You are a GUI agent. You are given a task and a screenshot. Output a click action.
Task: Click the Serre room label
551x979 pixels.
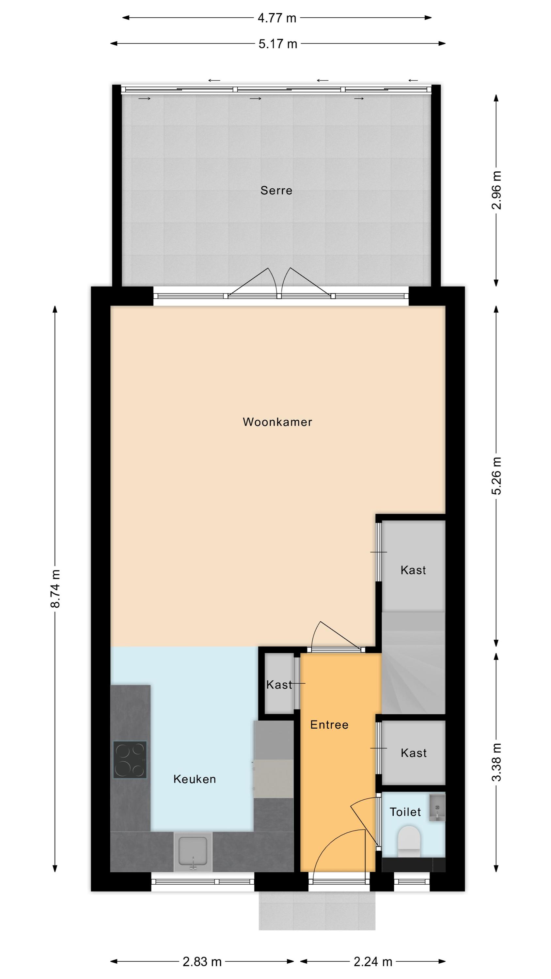(x=276, y=190)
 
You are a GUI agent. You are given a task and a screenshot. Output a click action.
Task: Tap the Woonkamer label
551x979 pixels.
(x=277, y=422)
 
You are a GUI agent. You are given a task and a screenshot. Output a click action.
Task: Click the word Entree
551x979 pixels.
(x=329, y=725)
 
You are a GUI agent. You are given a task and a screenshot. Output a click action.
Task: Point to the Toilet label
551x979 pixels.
(x=405, y=812)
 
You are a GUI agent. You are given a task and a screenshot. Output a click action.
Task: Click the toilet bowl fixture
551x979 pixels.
(x=409, y=836)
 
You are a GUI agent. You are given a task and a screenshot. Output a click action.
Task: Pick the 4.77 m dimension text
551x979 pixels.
(x=277, y=18)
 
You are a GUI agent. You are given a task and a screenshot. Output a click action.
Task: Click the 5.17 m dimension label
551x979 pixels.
(x=277, y=44)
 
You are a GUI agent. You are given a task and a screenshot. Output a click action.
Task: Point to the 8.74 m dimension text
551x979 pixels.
(x=55, y=589)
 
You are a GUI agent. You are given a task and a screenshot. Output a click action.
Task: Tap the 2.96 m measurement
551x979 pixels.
(x=496, y=190)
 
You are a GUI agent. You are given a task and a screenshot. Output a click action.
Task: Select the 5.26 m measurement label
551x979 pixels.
(x=496, y=475)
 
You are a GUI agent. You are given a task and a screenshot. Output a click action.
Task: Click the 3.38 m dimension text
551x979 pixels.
(x=496, y=762)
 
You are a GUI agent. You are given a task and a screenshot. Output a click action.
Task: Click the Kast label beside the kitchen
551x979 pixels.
(x=279, y=685)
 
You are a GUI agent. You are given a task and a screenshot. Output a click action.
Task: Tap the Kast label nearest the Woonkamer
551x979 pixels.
(x=413, y=570)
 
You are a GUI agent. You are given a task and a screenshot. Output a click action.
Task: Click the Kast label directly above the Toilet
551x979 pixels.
(x=413, y=753)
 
